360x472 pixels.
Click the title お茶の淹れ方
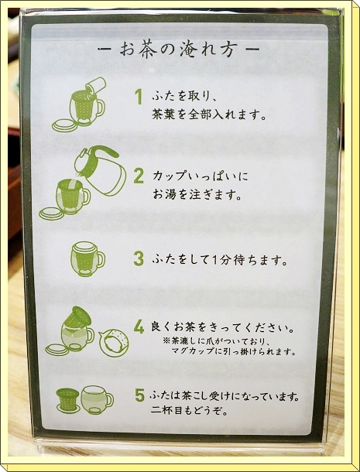click(178, 50)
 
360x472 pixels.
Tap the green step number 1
click(139, 97)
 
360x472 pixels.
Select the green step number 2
click(139, 176)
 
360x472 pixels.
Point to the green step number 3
click(139, 258)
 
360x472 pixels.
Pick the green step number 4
click(139, 327)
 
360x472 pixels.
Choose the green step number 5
click(139, 395)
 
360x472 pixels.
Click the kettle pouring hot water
click(101, 170)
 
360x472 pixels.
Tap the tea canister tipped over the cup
click(95, 85)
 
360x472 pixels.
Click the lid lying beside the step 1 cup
click(65, 125)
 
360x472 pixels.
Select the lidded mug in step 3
click(87, 259)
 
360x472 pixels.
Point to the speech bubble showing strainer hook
click(114, 343)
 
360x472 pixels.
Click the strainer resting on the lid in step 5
click(68, 400)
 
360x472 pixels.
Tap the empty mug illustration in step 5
click(97, 400)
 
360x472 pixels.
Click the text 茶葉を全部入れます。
click(209, 115)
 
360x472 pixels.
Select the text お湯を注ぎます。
click(197, 195)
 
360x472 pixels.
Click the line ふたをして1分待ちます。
click(220, 260)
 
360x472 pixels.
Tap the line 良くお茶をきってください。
click(222, 327)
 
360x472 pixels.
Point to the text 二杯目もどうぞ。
click(189, 411)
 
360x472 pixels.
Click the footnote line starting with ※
click(216, 341)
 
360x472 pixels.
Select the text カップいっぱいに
click(201, 176)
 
